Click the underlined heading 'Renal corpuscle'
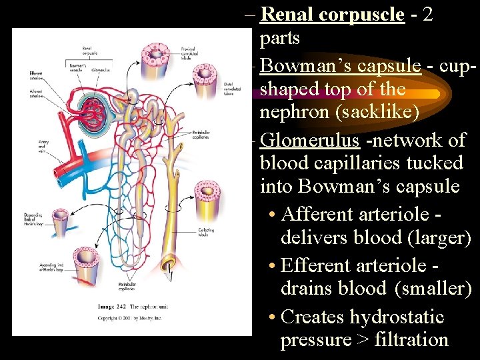[x=332, y=14]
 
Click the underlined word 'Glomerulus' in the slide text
[x=311, y=140]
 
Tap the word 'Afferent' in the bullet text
[x=317, y=215]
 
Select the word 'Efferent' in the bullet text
[x=317, y=265]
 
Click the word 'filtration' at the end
[x=411, y=340]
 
